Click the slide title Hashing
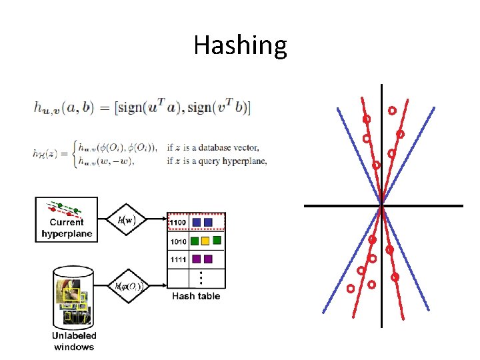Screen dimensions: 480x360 (240, 46)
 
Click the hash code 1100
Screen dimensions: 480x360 (178, 221)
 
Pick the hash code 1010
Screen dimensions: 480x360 (178, 241)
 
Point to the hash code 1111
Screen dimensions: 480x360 (178, 259)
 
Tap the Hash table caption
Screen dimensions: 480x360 (196, 296)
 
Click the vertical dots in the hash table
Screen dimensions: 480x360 (202, 276)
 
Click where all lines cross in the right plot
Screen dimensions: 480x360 (381, 206)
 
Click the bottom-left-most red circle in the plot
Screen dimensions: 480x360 (350, 289)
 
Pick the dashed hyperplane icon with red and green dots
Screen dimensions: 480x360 (65, 207)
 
